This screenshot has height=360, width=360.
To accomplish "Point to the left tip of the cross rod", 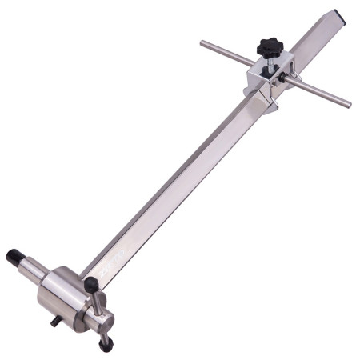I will pyautogui.click(x=203, y=43).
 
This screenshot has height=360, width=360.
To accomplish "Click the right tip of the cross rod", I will pyautogui.click(x=347, y=105).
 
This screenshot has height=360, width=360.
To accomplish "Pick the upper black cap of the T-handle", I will pyautogui.click(x=91, y=283).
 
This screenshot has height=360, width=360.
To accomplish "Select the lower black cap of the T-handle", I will pyautogui.click(x=106, y=345).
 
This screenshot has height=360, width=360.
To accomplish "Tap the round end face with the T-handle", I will pyautogui.click(x=99, y=320).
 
